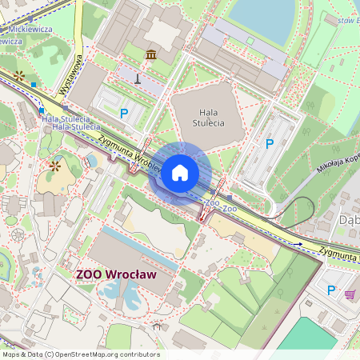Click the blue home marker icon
(180, 173)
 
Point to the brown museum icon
(151, 54)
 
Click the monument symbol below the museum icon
(138, 78)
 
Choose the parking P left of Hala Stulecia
(124, 114)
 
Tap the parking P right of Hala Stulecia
(270, 143)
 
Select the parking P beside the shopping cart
(331, 290)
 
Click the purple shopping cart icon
(350, 294)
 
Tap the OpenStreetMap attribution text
(81, 354)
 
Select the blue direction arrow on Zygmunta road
(299, 243)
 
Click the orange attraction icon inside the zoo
(55, 166)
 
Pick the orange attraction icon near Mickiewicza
(20, 75)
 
